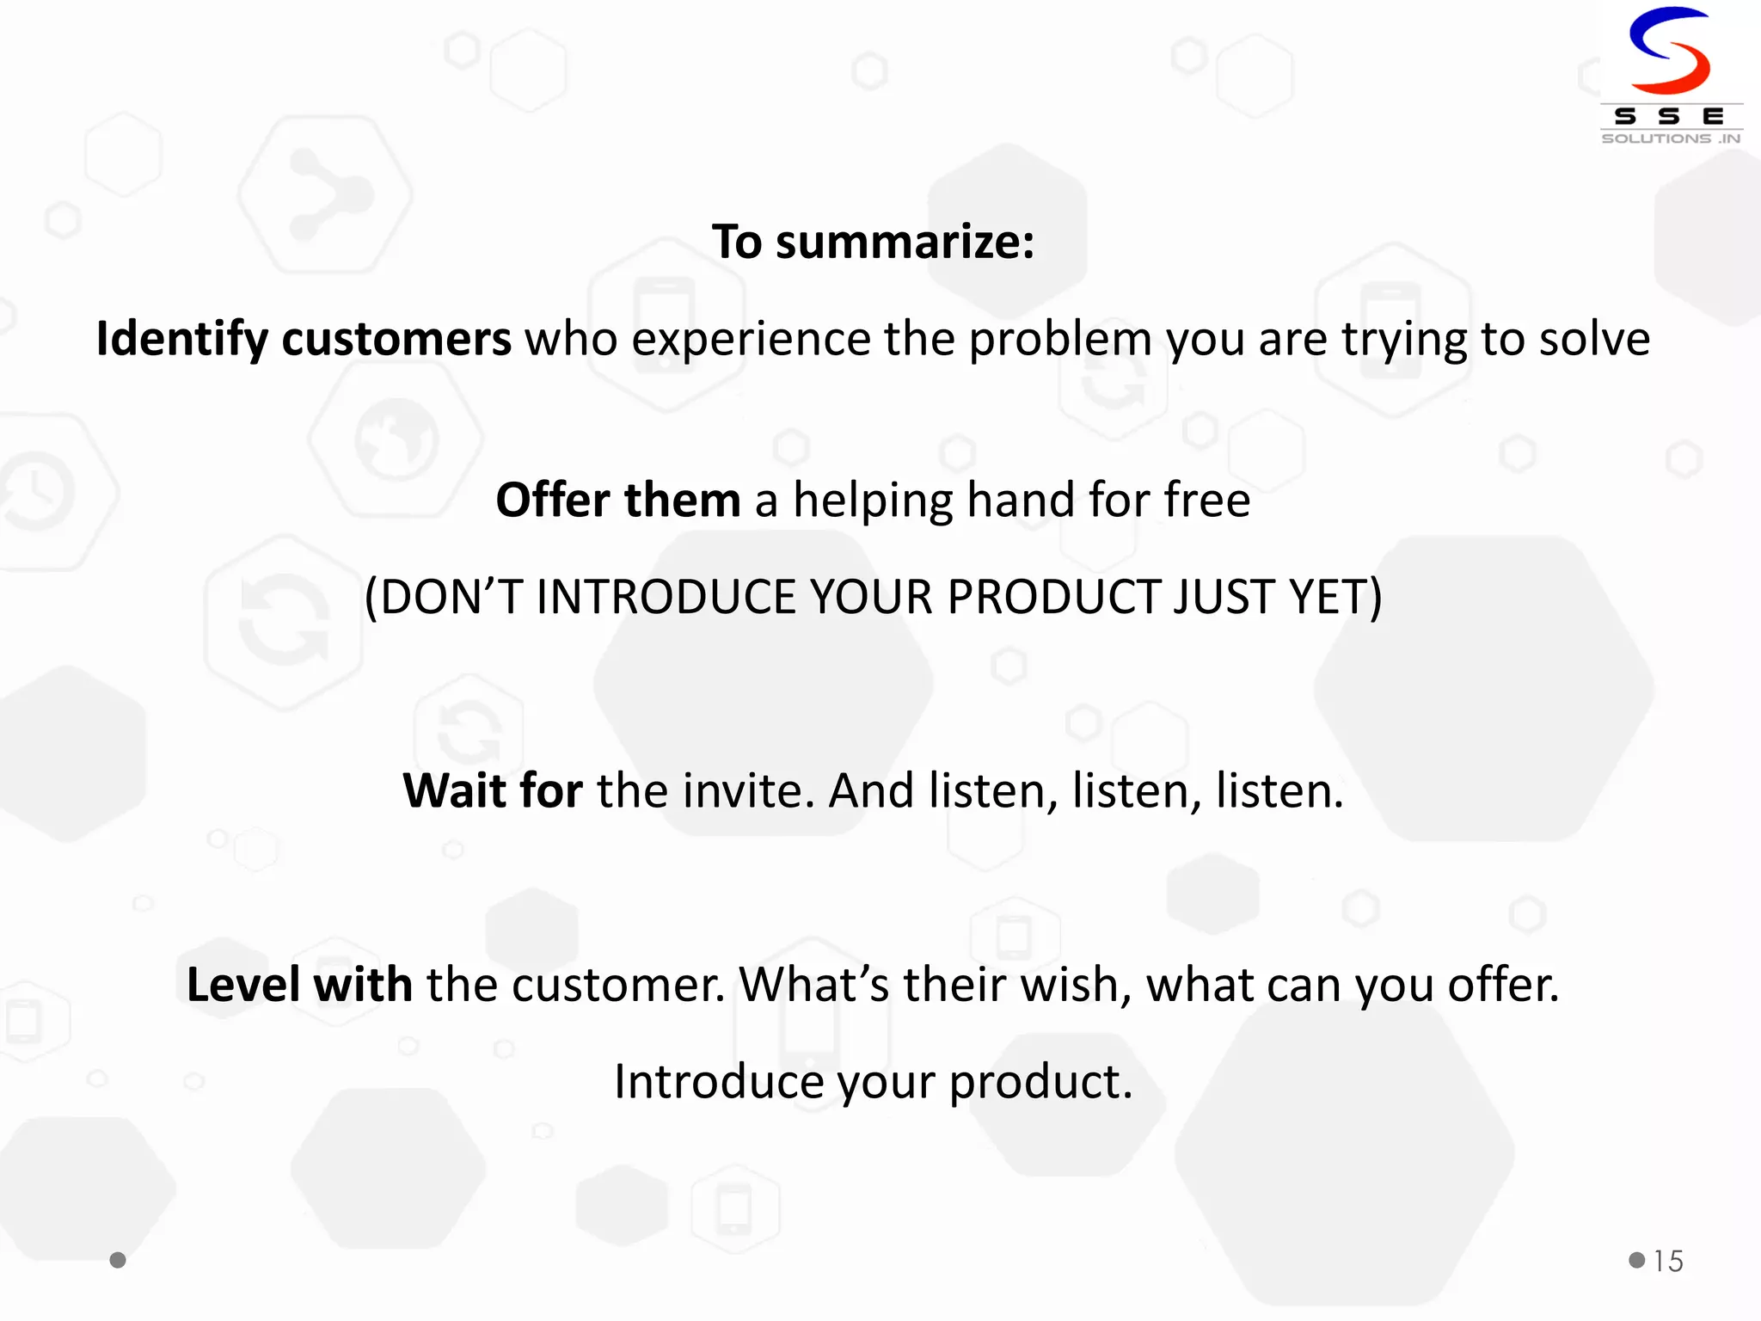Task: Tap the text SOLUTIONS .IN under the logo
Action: tap(1671, 138)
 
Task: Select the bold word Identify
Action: tap(182, 339)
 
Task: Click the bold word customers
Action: tap(396, 339)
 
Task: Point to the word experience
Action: tap(751, 339)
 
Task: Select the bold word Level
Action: tap(242, 985)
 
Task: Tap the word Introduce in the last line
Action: tap(718, 1082)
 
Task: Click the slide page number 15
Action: tap(1668, 1261)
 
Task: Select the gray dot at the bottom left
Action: tap(118, 1260)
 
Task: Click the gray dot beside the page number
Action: tap(1636, 1260)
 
